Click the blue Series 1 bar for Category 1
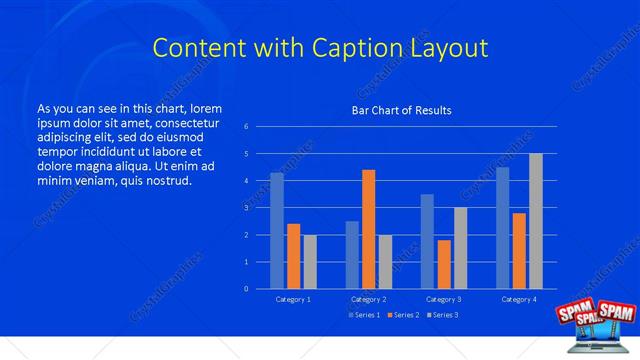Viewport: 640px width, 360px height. pyautogui.click(x=277, y=231)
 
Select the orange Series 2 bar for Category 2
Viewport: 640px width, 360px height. pyautogui.click(x=369, y=229)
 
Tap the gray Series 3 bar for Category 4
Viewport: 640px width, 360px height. pyautogui.click(x=536, y=221)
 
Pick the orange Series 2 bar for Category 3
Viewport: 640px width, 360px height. pyautogui.click(x=444, y=264)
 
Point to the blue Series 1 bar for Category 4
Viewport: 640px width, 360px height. pyautogui.click(x=503, y=228)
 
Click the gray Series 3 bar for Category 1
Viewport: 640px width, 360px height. pyautogui.click(x=310, y=262)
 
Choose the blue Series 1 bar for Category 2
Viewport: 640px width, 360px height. pyautogui.click(x=352, y=255)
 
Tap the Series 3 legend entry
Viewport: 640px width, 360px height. pyautogui.click(x=440, y=315)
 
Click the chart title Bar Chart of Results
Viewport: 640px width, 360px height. pyautogui.click(x=401, y=110)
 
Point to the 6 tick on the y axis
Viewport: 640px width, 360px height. pyautogui.click(x=246, y=127)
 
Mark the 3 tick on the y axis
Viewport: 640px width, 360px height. pyautogui.click(x=246, y=208)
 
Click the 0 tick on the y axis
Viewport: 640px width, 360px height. pyautogui.click(x=246, y=289)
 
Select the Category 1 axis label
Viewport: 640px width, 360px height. pyautogui.click(x=293, y=299)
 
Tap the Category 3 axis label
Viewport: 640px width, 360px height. pyautogui.click(x=443, y=299)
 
